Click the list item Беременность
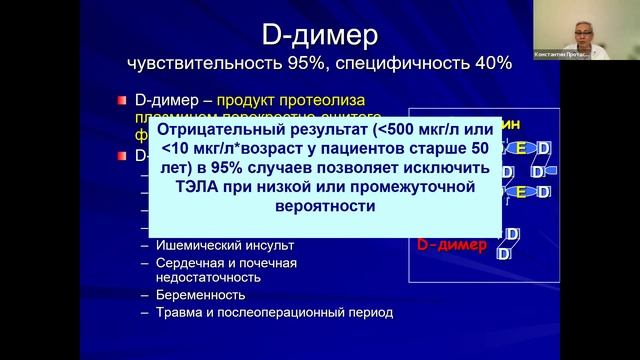(x=200, y=295)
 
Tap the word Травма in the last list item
(x=179, y=312)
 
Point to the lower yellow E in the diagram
(x=521, y=191)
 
